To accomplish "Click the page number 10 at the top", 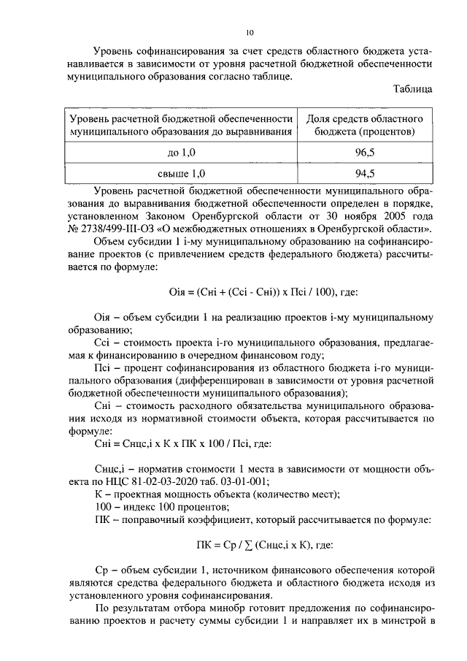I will click(249, 32).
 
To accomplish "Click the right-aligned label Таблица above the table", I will click(412, 89).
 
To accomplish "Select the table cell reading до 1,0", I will click(182, 152).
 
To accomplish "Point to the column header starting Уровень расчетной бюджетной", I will click(182, 125).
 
